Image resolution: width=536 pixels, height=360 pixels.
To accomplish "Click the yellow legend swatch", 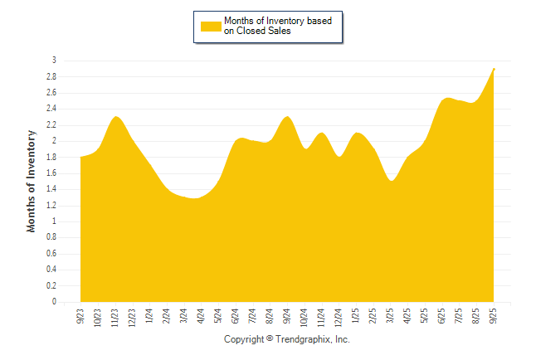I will pyautogui.click(x=211, y=26).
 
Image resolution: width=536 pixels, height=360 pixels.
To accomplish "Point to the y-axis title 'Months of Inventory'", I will pyautogui.click(x=32, y=180).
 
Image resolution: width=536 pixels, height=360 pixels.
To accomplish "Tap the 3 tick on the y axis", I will pyautogui.click(x=54, y=61).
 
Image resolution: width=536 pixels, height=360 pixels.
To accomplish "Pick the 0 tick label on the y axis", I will pyautogui.click(x=54, y=303).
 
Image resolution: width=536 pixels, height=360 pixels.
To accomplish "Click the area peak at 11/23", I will pyautogui.click(x=116, y=117).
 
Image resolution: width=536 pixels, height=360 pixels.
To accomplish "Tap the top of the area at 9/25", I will pyautogui.click(x=495, y=69).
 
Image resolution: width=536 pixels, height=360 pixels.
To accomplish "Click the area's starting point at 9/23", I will pyautogui.click(x=81, y=158).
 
